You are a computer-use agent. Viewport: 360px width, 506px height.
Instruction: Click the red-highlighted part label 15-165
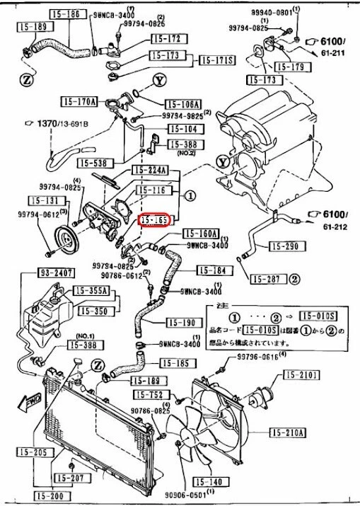(x=153, y=220)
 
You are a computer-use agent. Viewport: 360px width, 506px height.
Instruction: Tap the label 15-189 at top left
(x=30, y=27)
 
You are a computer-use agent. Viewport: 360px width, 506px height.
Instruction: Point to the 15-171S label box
(x=216, y=60)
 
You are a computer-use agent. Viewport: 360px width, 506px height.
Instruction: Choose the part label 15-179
(x=291, y=67)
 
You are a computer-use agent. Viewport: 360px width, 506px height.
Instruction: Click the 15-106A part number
(x=183, y=103)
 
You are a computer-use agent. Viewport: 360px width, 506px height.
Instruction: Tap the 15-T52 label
(x=148, y=394)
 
